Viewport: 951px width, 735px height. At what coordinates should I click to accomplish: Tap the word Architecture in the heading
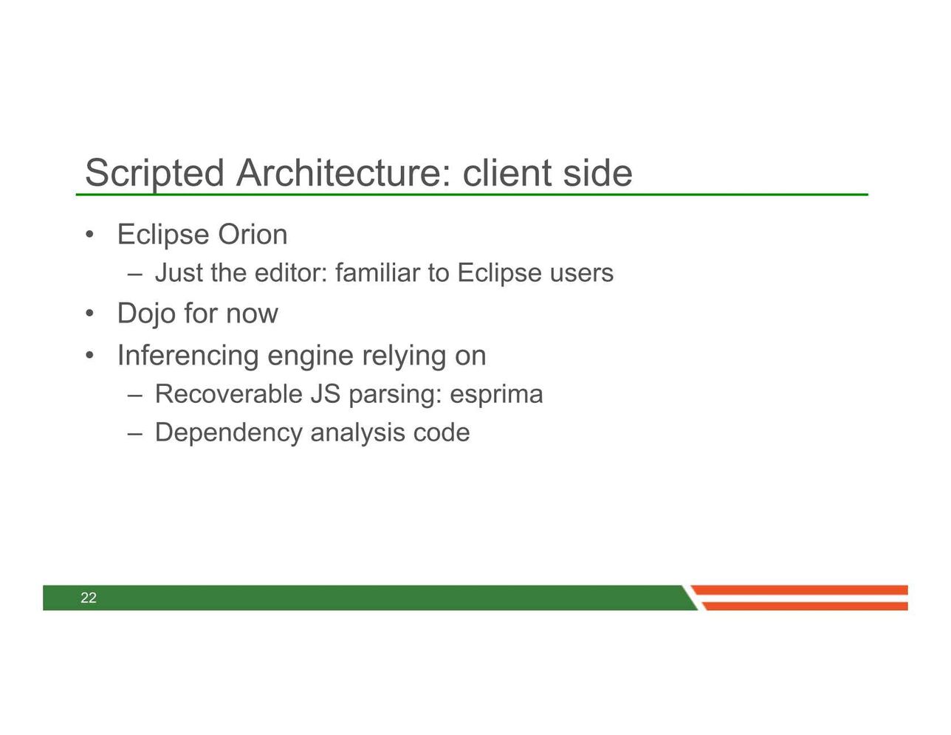click(x=343, y=173)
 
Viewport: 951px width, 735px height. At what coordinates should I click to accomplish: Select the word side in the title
click(x=597, y=173)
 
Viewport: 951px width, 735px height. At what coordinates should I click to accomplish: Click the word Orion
click(x=253, y=235)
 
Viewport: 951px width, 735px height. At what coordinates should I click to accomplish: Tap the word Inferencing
click(x=188, y=356)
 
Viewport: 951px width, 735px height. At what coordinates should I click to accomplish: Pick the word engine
click(x=310, y=356)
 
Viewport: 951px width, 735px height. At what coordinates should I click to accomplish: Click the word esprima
click(x=496, y=394)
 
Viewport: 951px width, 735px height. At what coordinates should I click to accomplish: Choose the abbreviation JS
click(x=326, y=393)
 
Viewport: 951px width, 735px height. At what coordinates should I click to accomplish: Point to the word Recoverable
click(x=229, y=393)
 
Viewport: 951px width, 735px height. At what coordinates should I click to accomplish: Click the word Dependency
click(x=229, y=434)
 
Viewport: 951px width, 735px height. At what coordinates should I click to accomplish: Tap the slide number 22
click(x=89, y=598)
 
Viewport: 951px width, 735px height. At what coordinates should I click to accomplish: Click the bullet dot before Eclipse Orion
click(x=89, y=235)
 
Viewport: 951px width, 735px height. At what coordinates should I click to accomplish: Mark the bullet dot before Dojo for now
click(x=89, y=313)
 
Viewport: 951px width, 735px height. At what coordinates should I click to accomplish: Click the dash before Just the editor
click(x=135, y=275)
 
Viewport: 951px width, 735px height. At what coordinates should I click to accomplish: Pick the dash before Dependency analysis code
click(x=135, y=434)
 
